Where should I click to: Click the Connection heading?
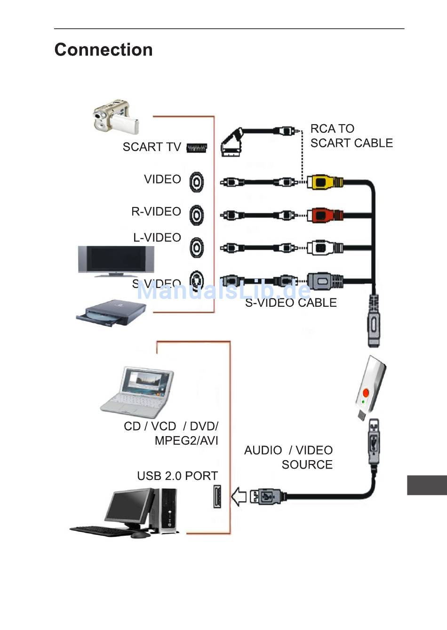pyautogui.click(x=104, y=50)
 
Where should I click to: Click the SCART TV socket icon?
pyautogui.click(x=197, y=148)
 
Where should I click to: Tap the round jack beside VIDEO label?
pyautogui.click(x=197, y=182)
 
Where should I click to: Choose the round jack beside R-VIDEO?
pyautogui.click(x=197, y=215)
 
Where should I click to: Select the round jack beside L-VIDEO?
pyautogui.click(x=197, y=247)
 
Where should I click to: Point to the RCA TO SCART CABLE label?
pyautogui.click(x=351, y=136)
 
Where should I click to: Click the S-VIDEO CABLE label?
pyautogui.click(x=291, y=303)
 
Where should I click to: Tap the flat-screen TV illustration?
pyautogui.click(x=116, y=260)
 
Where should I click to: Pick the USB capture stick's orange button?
pyautogui.click(x=366, y=392)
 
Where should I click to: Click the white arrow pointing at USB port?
pyautogui.click(x=239, y=496)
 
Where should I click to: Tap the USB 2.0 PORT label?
pyautogui.click(x=177, y=476)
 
